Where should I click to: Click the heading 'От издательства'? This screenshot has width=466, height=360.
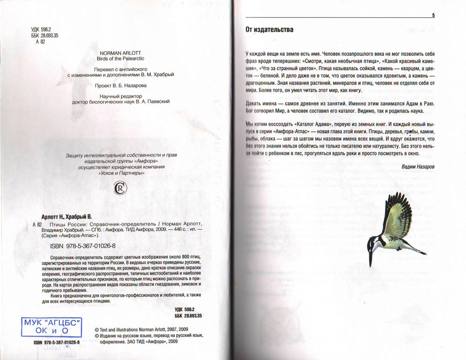click(x=269, y=30)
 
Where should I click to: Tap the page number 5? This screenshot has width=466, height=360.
click(x=433, y=15)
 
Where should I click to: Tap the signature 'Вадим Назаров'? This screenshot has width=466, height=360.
click(x=418, y=166)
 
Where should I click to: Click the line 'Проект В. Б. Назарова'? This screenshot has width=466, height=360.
click(x=121, y=86)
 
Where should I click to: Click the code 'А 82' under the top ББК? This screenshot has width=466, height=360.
click(x=40, y=42)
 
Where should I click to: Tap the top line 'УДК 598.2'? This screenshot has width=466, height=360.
click(x=41, y=30)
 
